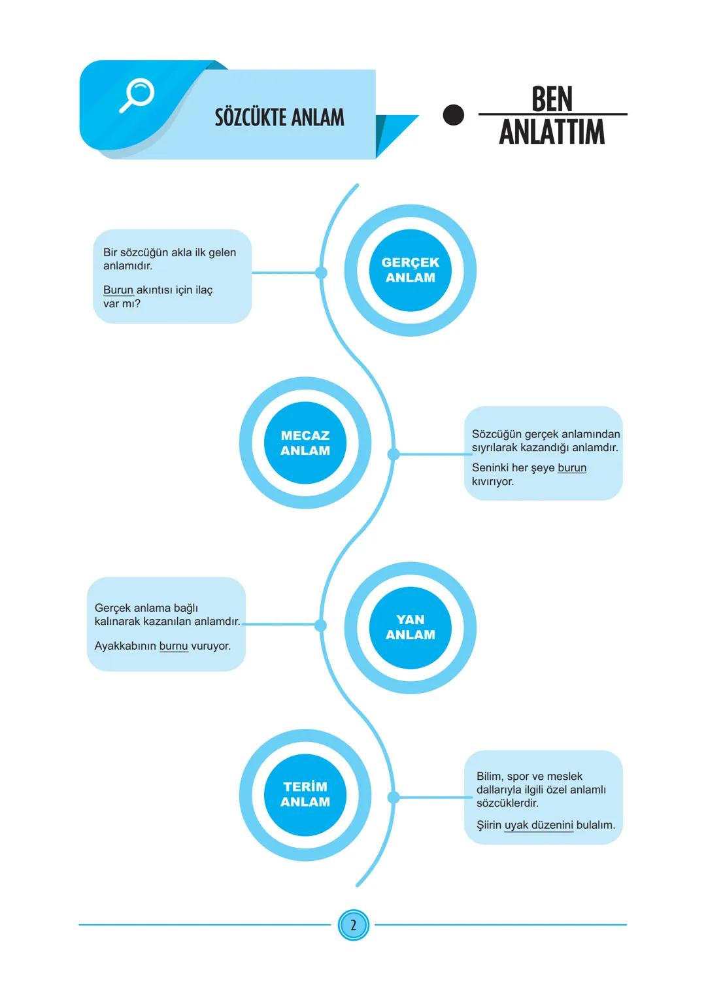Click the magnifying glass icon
coord(137,95)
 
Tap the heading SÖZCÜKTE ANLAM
coord(279,118)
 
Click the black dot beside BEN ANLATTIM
coord(453,115)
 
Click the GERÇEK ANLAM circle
coord(410,270)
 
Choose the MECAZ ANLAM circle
coord(305,443)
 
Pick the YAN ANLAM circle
coord(410,628)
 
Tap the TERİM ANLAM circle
coord(305,794)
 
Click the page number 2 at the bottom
coord(353,925)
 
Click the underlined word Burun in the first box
coord(118,290)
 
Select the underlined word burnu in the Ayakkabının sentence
coord(173,646)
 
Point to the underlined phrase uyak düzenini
coord(539,825)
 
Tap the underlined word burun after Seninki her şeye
coord(572,468)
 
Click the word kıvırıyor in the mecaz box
coord(493,482)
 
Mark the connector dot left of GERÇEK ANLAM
coord(321,273)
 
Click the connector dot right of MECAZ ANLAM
coord(394,454)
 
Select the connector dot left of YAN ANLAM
coord(320,626)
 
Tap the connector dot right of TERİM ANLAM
coord(394,797)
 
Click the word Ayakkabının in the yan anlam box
coord(126,646)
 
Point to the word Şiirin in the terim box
coord(489,825)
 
